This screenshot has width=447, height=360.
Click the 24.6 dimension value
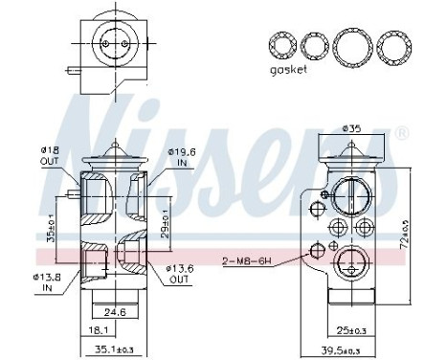[x=115, y=310]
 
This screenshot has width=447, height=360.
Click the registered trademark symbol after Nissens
[x=403, y=131]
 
